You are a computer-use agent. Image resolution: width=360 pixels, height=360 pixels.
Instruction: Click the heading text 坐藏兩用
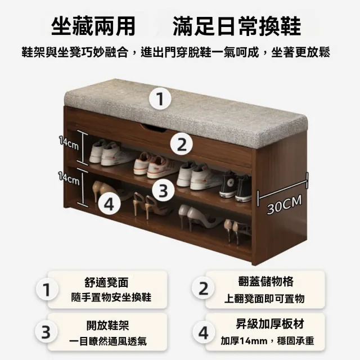click(x=93, y=26)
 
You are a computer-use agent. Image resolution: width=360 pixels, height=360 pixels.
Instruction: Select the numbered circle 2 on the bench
click(x=181, y=145)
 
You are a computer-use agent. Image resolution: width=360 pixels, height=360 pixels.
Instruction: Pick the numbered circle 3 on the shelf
click(x=163, y=190)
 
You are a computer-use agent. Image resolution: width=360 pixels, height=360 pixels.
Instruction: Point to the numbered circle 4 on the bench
click(x=110, y=204)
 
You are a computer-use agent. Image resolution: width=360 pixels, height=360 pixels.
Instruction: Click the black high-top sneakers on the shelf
click(x=235, y=186)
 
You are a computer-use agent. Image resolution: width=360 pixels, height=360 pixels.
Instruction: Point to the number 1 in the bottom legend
click(x=47, y=290)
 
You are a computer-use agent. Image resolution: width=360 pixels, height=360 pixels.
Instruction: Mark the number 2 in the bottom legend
click(x=204, y=289)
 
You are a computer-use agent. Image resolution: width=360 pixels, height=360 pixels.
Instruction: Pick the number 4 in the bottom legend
click(x=204, y=332)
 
